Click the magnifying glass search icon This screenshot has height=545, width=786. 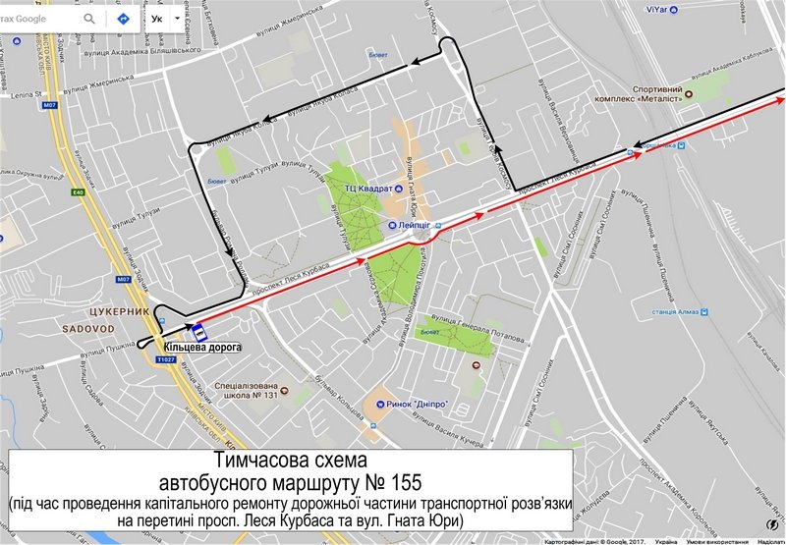(x=90, y=19)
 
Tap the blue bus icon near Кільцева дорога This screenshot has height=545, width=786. (x=196, y=330)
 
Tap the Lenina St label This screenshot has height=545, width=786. (x=22, y=96)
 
